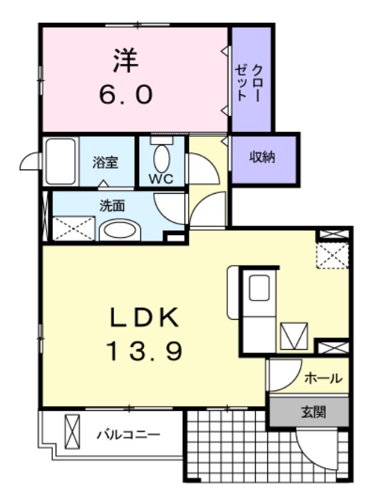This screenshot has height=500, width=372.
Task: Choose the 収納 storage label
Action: click(262, 157)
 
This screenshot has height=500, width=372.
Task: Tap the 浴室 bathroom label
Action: click(104, 162)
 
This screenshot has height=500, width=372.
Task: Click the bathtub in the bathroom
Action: click(61, 160)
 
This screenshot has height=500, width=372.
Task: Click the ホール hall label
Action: click(323, 378)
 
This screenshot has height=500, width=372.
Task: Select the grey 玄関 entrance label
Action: click(312, 412)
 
